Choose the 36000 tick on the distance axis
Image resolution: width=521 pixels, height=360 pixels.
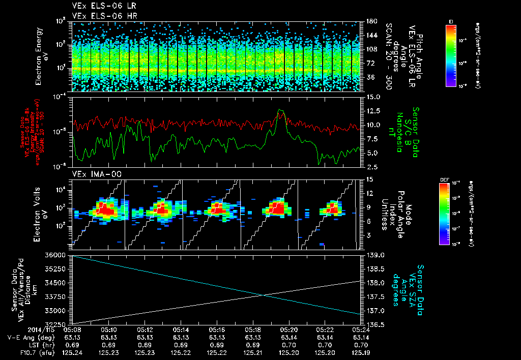click(x=60, y=254)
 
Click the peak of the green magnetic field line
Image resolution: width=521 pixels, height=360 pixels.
click(x=279, y=109)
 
